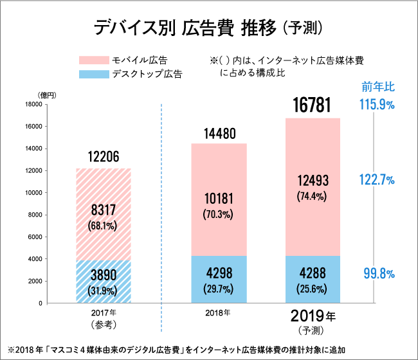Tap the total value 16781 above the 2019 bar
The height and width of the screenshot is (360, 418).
313,105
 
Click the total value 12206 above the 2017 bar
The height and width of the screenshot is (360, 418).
103,157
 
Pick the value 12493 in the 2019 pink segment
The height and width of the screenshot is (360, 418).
313,182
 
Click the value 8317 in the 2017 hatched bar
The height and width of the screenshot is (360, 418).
103,211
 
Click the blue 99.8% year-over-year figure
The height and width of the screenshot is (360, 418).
377,274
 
